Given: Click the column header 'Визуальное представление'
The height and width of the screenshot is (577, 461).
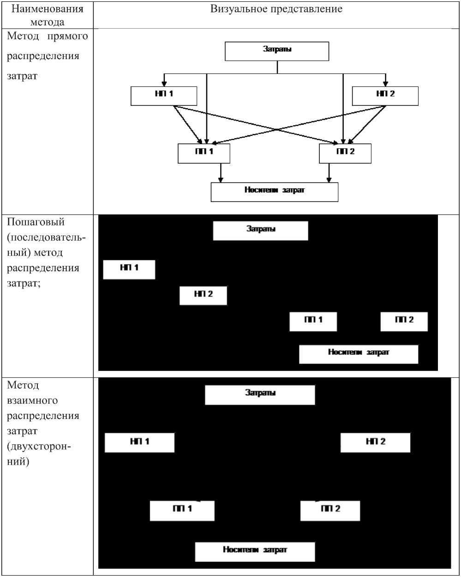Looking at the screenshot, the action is tap(276, 9).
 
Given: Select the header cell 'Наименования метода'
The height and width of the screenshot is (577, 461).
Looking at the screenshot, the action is tap(48, 15).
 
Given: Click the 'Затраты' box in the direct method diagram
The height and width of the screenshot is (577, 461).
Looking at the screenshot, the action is tap(277, 51).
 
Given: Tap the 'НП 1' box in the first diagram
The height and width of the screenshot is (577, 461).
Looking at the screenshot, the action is tap(164, 96).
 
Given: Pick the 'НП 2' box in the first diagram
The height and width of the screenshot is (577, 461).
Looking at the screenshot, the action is tap(385, 96).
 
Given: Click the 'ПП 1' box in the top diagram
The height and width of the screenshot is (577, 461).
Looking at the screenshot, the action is tap(204, 153).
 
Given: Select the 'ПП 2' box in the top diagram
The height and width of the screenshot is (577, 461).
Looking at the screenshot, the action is tap(345, 153).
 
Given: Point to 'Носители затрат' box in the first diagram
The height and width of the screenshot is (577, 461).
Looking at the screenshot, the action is tap(274, 192).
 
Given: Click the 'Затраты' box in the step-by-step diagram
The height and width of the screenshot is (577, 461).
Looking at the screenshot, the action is tap(260, 231).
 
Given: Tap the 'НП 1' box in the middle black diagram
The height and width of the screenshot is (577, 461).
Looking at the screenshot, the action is tap(129, 269).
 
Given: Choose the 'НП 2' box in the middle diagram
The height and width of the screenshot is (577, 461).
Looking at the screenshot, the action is tap(203, 296).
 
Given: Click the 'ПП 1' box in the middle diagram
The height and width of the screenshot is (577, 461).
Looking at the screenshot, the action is tap(313, 322).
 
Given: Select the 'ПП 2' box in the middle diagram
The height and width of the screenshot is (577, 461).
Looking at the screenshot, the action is tap(404, 322).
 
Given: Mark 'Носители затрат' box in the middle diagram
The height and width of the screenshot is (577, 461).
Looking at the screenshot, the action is tap(359, 354).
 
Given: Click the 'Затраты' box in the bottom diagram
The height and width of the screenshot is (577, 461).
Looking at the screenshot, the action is tap(260, 395).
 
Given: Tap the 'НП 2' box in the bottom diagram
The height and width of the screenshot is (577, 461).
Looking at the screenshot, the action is tap(375, 443).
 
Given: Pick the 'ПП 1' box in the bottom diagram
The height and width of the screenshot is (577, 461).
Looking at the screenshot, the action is tap(182, 510).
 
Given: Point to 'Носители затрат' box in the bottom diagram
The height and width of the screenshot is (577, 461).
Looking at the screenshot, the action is tap(255, 552).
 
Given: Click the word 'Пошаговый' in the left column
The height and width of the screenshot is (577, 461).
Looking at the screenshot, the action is tap(36, 222).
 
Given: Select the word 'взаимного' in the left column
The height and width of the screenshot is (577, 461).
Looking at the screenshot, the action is tap(32, 401).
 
